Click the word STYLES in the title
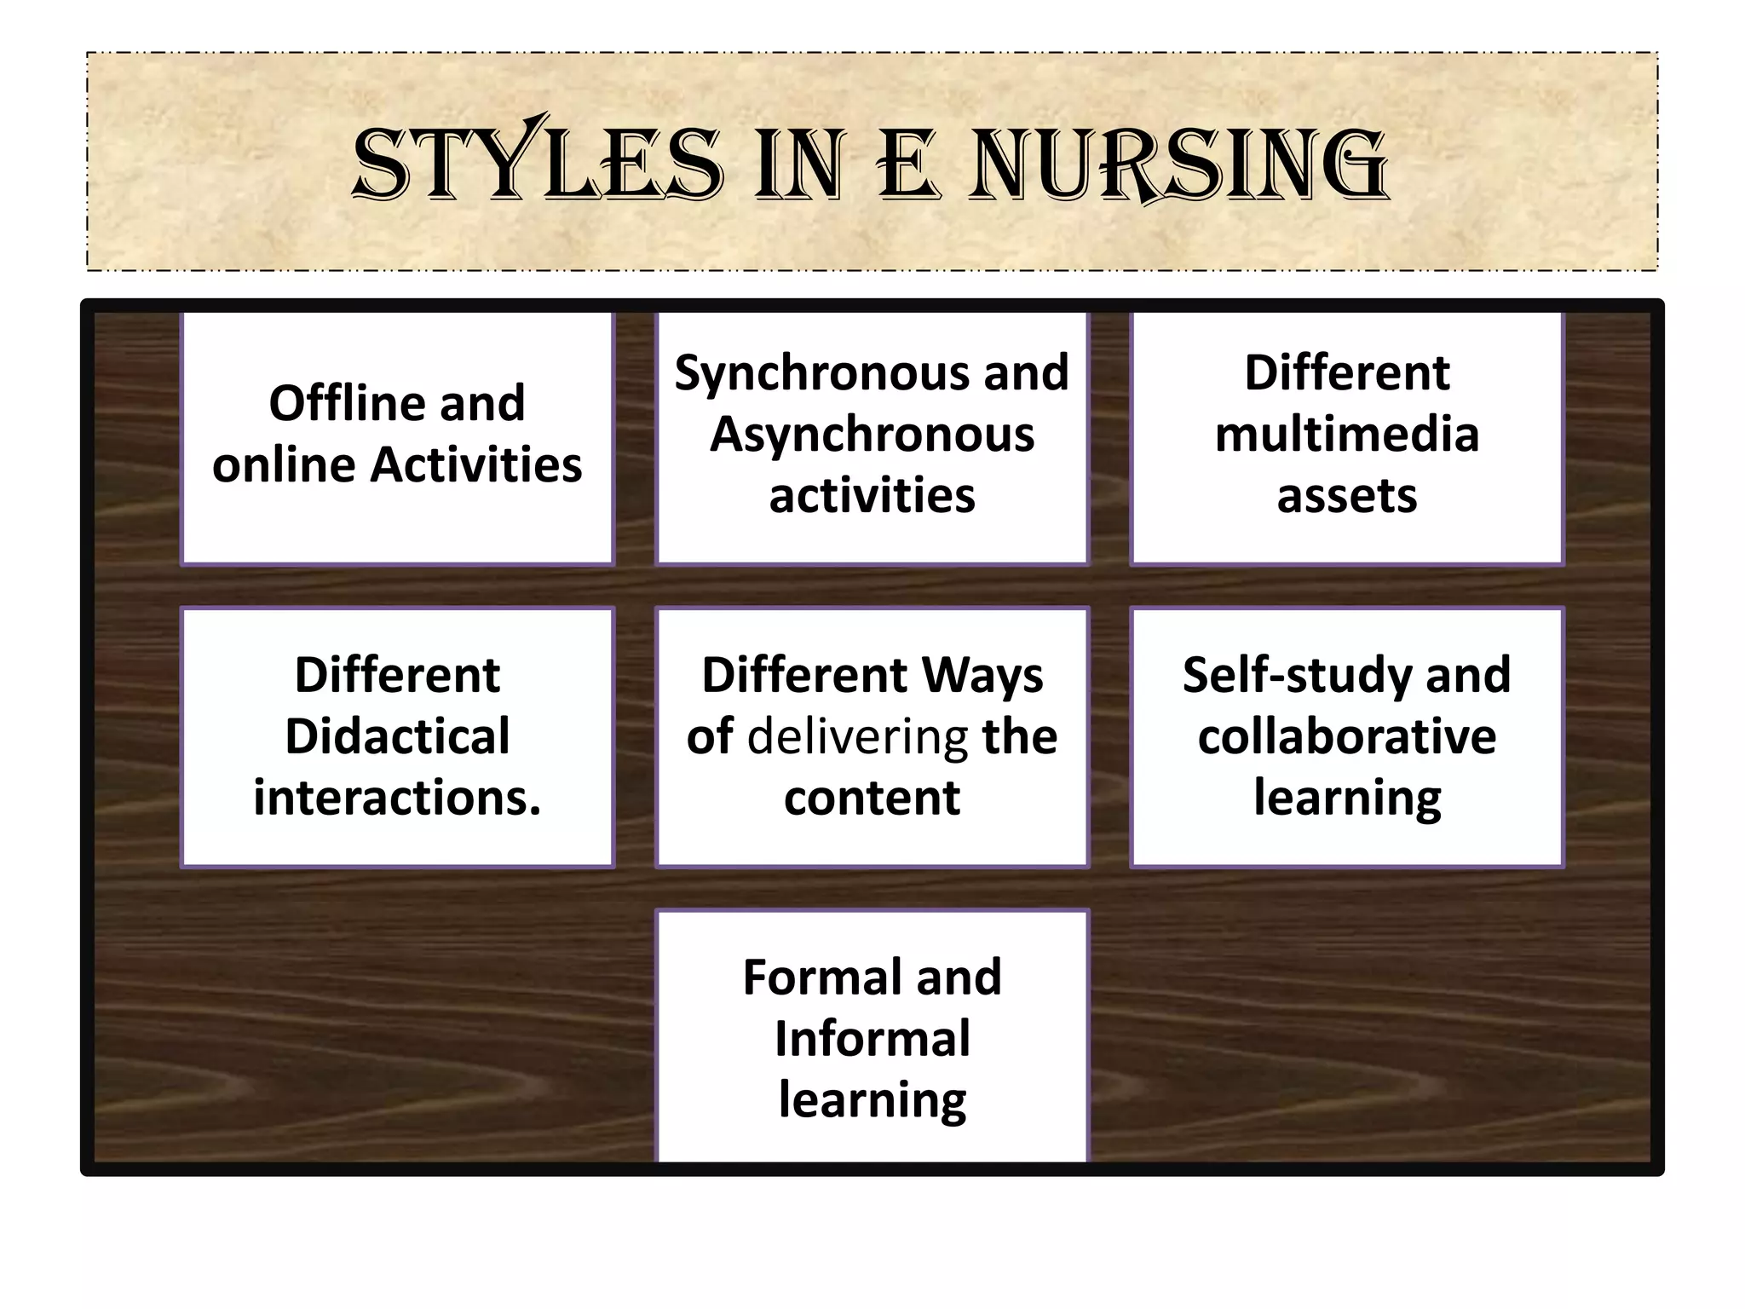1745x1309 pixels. tap(538, 164)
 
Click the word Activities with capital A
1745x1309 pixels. tap(476, 465)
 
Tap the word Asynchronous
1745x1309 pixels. tap(872, 435)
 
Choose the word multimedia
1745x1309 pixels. tap(1346, 435)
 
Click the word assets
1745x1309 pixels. tap(1346, 496)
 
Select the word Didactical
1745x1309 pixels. tap(397, 736)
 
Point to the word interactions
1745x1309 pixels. tap(397, 798)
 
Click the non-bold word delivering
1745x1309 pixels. tap(857, 736)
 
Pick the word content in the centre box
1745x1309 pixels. tap(872, 798)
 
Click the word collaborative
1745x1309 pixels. tap(1346, 736)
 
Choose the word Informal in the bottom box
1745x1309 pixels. tap(872, 1039)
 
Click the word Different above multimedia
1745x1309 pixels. tap(1346, 373)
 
